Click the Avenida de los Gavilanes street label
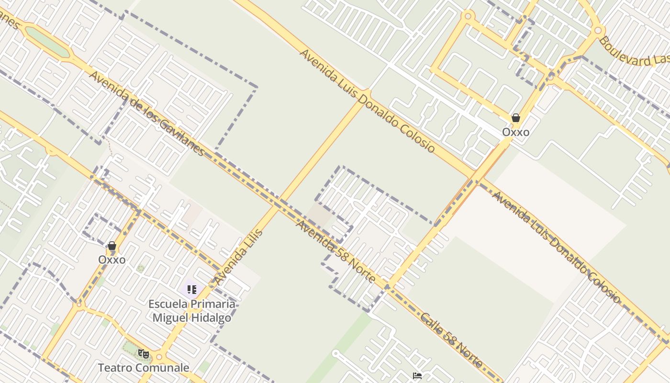147,114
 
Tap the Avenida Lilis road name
238,258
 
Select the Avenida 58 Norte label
335,252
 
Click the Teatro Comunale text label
144,368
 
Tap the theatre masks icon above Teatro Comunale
143,354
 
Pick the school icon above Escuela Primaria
191,289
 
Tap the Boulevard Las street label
634,53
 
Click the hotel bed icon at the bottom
417,376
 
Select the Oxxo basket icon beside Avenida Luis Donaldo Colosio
516,118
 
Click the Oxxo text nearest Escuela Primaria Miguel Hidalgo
112,259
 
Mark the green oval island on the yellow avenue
47,41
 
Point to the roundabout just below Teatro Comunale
159,357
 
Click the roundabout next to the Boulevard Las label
597,31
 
